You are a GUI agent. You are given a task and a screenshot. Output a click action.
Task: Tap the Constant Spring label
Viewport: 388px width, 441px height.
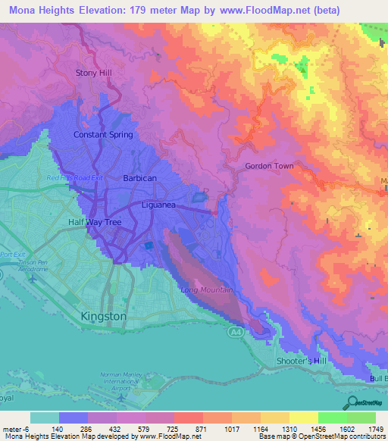pyautogui.click(x=103, y=135)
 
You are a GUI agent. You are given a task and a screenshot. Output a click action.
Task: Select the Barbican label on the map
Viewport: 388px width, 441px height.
pyautogui.click(x=139, y=178)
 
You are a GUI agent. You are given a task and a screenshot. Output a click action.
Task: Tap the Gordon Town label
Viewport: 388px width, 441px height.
pyautogui.click(x=269, y=166)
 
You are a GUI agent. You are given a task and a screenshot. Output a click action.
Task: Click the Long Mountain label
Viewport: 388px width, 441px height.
pyautogui.click(x=206, y=290)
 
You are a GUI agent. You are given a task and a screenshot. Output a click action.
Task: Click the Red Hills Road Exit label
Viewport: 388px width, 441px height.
pyautogui.click(x=74, y=178)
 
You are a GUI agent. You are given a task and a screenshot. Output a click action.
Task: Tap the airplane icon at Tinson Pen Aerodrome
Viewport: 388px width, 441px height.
pyautogui.click(x=33, y=279)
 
